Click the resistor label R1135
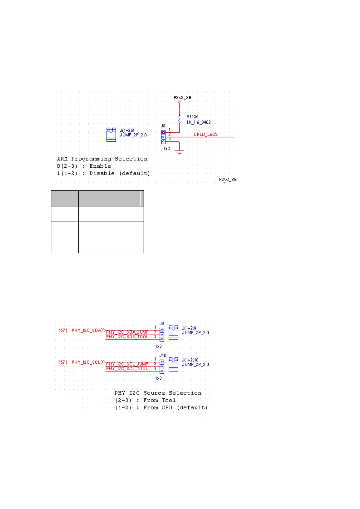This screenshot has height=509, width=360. tap(192, 117)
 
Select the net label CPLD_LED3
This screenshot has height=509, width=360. tap(206, 135)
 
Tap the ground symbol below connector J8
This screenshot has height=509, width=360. tap(180, 153)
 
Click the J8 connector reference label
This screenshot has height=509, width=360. tap(163, 126)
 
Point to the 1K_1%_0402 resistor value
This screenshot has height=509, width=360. tap(199, 122)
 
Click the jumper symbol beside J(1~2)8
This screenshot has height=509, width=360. tap(111, 135)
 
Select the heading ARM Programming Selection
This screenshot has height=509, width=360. tap(102, 159)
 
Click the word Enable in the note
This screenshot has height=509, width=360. tap(100, 166)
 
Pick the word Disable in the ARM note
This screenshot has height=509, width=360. tap(102, 173)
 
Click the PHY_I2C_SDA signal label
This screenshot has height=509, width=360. tap(86, 330)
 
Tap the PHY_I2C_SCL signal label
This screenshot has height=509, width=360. tap(86, 362)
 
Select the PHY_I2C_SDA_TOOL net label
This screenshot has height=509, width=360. tap(127, 337)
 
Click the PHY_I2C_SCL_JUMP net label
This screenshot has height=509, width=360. tap(127, 364)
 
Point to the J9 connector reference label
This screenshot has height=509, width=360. tap(162, 324)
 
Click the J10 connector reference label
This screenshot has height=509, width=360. tap(163, 355)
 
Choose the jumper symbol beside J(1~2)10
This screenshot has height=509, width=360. tap(173, 365)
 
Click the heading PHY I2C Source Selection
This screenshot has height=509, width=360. tap(158, 393)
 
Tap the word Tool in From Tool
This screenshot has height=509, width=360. tap(169, 400)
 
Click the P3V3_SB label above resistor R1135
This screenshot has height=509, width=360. tap(182, 98)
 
